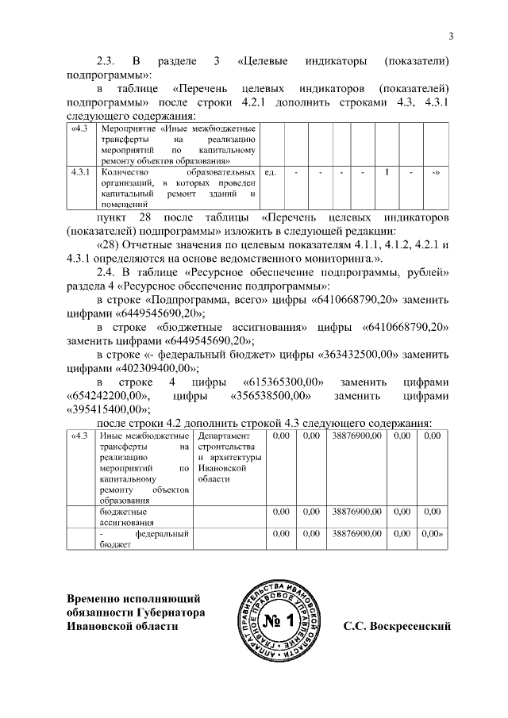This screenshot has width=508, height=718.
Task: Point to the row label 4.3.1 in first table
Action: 80,172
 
